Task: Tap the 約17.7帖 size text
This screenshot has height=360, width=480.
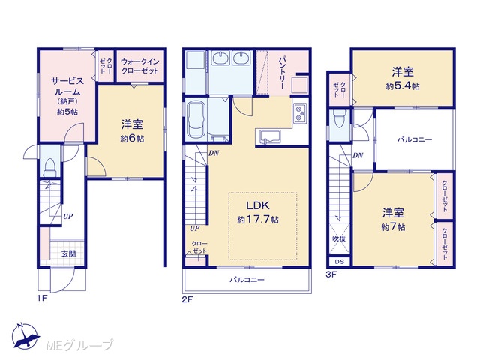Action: (x=258, y=220)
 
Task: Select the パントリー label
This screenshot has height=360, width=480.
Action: (x=282, y=73)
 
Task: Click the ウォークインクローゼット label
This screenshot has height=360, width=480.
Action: (x=140, y=66)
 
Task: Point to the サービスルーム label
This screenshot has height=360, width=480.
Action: (x=67, y=86)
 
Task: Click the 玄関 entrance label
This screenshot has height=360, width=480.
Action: (x=68, y=253)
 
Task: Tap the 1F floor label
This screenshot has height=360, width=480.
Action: (x=42, y=298)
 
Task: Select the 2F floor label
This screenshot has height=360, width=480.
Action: (x=187, y=299)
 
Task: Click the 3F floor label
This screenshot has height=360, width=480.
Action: (x=331, y=274)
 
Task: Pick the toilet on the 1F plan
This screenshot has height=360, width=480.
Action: (x=49, y=167)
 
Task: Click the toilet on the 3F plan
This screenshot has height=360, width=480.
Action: (x=339, y=118)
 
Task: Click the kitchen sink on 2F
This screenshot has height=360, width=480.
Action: (x=270, y=136)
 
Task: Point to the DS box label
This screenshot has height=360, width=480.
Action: (x=339, y=262)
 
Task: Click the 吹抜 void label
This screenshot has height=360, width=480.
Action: (x=339, y=238)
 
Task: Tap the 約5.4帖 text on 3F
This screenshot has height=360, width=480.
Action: (x=403, y=86)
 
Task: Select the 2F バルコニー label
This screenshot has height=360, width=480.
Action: (x=247, y=280)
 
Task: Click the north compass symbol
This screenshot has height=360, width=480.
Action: (x=25, y=336)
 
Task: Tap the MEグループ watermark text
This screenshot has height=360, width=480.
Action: (x=79, y=345)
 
